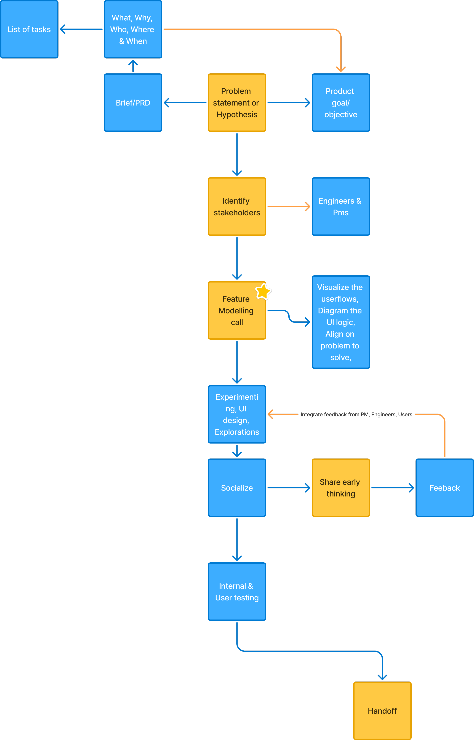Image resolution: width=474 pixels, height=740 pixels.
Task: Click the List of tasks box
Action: coord(29,29)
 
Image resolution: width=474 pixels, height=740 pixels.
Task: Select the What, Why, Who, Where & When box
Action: coord(133,29)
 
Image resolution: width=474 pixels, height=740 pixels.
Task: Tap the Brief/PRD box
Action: coord(133,102)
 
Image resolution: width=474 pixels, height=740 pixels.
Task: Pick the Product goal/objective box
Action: coord(341,102)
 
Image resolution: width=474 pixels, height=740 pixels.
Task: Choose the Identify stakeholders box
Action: coord(237,206)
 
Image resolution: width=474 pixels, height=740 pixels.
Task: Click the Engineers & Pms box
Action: coord(341,206)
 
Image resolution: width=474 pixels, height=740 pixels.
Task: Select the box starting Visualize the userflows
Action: coord(341,322)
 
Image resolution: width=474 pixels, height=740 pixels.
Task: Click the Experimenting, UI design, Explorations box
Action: coord(237,414)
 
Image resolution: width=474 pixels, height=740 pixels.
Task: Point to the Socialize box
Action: coord(237,488)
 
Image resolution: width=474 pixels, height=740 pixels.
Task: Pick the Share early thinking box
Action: coord(341,488)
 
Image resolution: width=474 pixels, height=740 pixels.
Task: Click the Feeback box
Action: coord(444,488)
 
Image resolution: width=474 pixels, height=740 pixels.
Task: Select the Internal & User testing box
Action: coord(237,592)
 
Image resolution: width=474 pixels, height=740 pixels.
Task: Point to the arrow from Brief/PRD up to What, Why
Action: coord(133,66)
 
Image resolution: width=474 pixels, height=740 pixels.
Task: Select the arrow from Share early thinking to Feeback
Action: coord(392,488)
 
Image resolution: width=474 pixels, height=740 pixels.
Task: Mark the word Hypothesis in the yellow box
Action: coord(237,115)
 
